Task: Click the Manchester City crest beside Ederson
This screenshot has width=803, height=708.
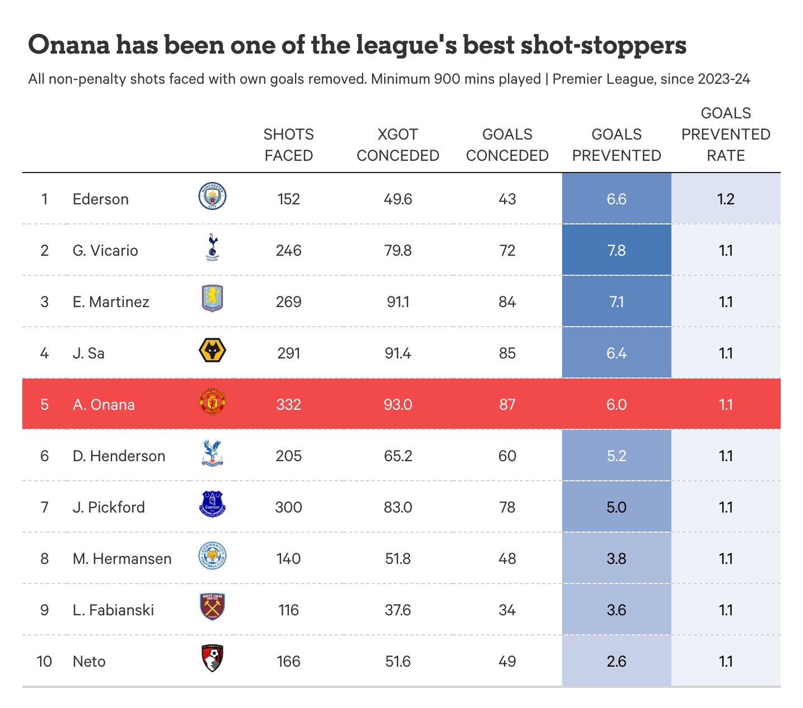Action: pos(212,197)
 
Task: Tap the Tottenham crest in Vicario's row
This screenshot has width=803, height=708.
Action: pos(212,248)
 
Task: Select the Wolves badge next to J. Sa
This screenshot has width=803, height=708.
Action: pos(212,351)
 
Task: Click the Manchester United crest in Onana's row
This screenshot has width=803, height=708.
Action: pos(212,403)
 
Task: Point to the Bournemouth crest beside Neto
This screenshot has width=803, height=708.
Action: pos(212,659)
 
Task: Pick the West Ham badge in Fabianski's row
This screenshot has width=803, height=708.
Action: pos(212,607)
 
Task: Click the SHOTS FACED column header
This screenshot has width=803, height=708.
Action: pos(289,145)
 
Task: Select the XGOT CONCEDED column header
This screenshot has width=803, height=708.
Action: pos(398,145)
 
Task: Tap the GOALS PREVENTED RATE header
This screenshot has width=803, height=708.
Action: pos(726,135)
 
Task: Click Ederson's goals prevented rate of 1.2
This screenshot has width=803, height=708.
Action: pos(726,199)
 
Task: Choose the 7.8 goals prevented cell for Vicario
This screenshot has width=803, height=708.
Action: pos(617,251)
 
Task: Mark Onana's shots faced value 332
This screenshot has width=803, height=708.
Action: pos(289,405)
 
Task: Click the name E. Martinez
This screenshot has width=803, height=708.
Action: pos(111,302)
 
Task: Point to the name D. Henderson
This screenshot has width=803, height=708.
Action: pos(119,456)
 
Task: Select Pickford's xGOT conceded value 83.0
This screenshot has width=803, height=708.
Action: pos(398,508)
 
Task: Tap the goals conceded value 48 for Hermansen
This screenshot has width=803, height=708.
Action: pos(507,559)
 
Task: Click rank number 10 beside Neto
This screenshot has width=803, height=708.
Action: pos(45,662)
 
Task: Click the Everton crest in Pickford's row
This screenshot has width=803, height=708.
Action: pos(212,504)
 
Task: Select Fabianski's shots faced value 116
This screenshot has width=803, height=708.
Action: pos(289,610)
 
